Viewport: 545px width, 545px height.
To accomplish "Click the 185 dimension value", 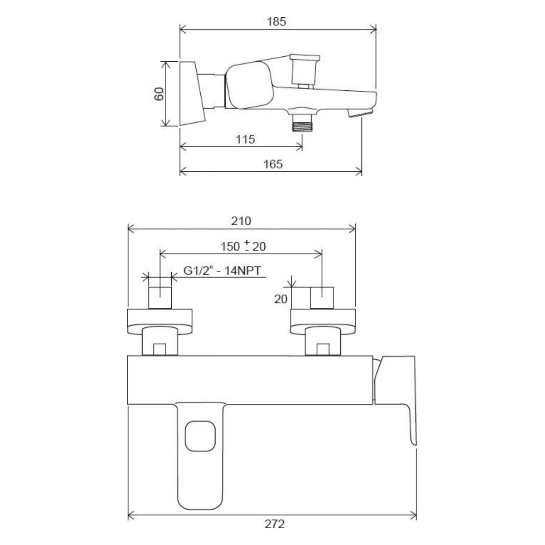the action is tap(276, 21).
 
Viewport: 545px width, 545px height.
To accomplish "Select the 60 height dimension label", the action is tap(159, 94).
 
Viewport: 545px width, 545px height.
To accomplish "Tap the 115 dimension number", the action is tap(245, 139).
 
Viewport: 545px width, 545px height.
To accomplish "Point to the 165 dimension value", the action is tap(273, 164).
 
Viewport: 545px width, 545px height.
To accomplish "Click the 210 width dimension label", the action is tap(241, 221).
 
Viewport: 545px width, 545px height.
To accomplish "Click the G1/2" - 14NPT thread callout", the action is tap(222, 271).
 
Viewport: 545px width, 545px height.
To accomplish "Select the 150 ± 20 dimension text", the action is tap(243, 246).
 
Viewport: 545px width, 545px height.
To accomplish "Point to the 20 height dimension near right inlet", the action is tap(281, 299).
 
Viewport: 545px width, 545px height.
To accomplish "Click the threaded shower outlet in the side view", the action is tap(302, 124).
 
